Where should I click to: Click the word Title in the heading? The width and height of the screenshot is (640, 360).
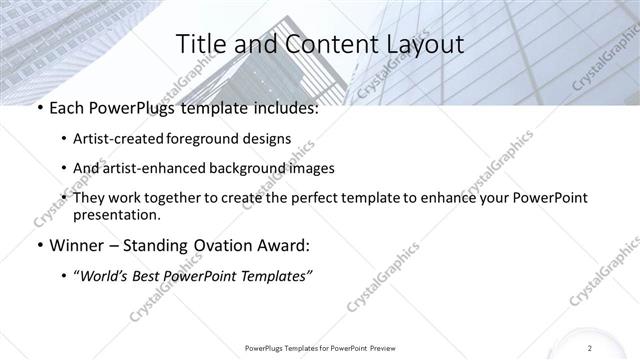coord(199,45)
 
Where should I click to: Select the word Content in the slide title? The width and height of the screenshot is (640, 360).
coord(322,45)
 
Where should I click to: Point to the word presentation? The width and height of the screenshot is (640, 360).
coord(116,215)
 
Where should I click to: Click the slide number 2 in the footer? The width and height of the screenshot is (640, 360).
coord(590,347)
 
